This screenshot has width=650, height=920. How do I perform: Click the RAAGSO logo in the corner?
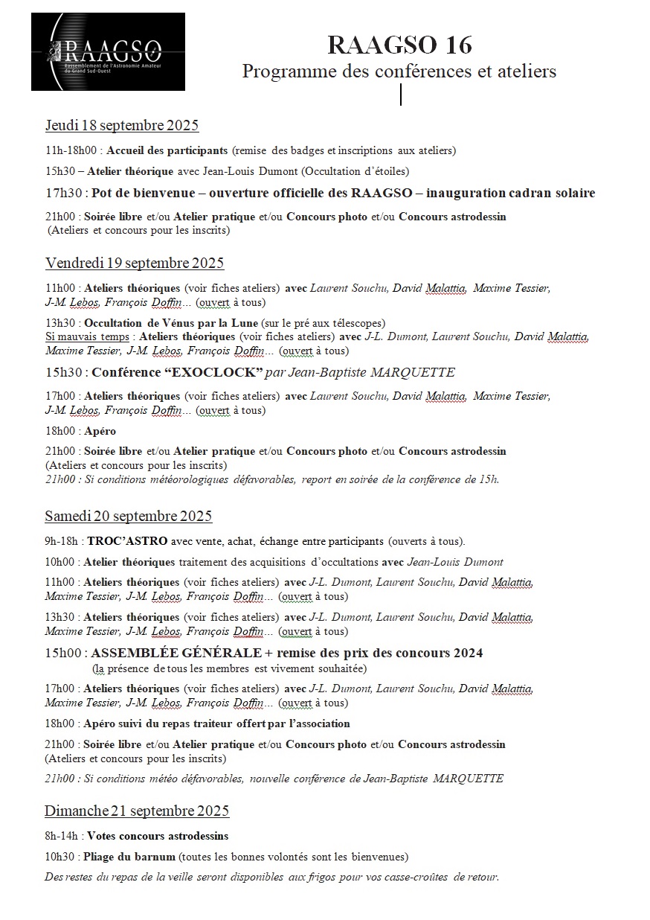[107, 52]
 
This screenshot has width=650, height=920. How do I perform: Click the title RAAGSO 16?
[399, 45]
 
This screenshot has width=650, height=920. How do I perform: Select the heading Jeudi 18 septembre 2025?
[121, 124]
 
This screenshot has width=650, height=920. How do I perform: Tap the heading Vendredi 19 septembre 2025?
[134, 263]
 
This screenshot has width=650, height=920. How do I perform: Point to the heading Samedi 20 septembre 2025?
[128, 516]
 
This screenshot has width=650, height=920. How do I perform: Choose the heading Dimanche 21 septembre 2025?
[136, 811]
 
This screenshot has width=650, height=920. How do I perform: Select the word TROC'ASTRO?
[127, 541]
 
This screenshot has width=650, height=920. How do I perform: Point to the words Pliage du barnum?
[129, 857]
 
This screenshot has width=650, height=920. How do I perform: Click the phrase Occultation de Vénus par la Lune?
[170, 323]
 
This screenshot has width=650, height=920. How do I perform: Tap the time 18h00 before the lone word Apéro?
[59, 431]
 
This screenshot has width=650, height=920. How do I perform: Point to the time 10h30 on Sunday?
[59, 857]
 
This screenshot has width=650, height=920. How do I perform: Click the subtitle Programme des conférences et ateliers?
[399, 71]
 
